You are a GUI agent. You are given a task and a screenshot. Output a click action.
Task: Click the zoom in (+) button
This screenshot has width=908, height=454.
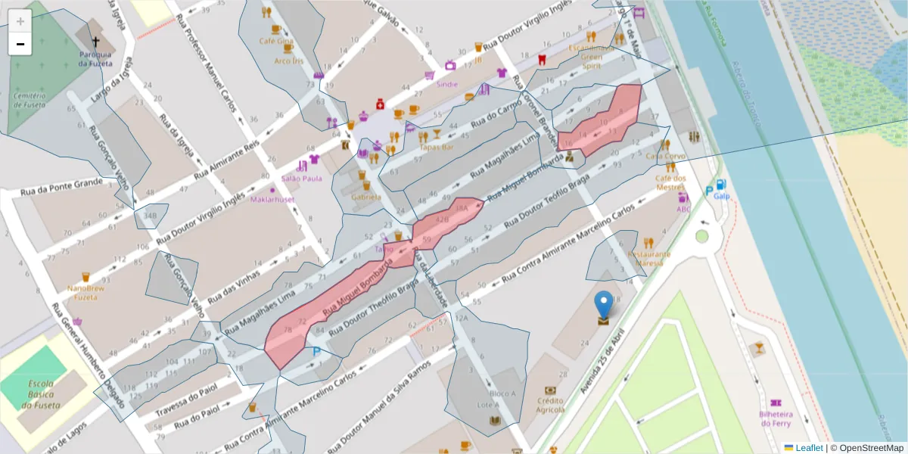point(20,21)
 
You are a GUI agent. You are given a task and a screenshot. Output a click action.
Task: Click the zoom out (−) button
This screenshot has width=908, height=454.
point(20,44)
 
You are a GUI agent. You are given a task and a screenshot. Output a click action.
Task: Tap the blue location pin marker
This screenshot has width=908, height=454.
point(603,305)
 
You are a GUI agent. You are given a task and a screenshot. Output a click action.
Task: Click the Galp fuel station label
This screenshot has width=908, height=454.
point(721,196)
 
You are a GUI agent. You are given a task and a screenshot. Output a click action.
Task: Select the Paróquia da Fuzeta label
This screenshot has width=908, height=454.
point(96,59)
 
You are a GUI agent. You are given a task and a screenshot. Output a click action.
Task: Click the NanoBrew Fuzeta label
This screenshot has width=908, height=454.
point(86,293)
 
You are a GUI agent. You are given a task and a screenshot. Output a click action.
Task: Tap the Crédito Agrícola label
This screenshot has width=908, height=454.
point(550,405)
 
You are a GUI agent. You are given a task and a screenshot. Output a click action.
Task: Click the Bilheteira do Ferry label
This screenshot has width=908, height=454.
point(776,418)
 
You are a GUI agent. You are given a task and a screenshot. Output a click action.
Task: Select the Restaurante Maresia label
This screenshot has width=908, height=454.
point(648,258)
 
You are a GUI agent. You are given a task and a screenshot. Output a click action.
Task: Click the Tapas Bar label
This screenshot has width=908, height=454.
point(436,148)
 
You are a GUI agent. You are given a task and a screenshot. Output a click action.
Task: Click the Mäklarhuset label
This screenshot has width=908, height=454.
point(272,199)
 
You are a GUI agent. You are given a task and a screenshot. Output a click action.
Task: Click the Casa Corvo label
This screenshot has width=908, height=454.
point(665,156)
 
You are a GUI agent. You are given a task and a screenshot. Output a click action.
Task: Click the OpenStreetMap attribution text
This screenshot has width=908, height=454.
point(866,447)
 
